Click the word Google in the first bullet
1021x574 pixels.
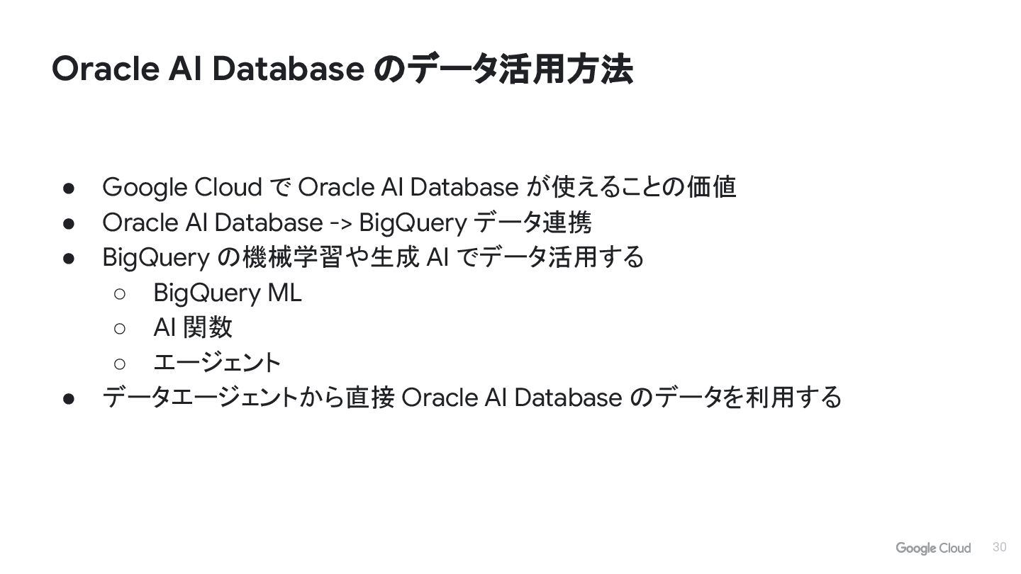point(145,188)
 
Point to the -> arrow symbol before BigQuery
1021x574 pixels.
point(341,223)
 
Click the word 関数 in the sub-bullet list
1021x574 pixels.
point(207,327)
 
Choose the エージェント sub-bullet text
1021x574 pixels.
point(217,363)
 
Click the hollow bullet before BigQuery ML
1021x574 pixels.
point(119,293)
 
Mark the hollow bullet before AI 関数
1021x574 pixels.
point(119,328)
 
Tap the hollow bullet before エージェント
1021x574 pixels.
point(119,364)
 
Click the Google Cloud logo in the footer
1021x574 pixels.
point(933,548)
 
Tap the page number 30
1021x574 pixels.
point(1000,547)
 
